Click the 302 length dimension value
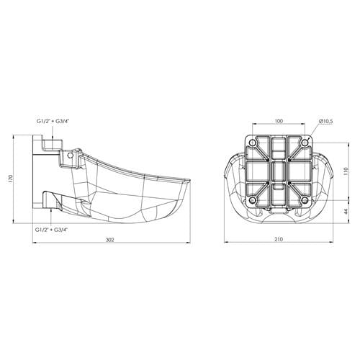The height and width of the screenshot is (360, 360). [x=110, y=240]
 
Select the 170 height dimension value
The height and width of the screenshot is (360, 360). [x=10, y=179]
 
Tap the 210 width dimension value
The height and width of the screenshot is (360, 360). [x=279, y=239]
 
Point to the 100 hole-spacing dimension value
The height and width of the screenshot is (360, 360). [x=279, y=121]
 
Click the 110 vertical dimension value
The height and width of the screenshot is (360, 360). [x=346, y=171]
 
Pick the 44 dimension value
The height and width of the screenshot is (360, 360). [x=346, y=212]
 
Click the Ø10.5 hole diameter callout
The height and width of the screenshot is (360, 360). [x=326, y=121]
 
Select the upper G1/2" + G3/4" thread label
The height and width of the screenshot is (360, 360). [x=53, y=121]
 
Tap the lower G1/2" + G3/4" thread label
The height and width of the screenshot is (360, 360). [x=52, y=230]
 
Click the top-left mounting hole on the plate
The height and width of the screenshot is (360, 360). [x=253, y=143]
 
